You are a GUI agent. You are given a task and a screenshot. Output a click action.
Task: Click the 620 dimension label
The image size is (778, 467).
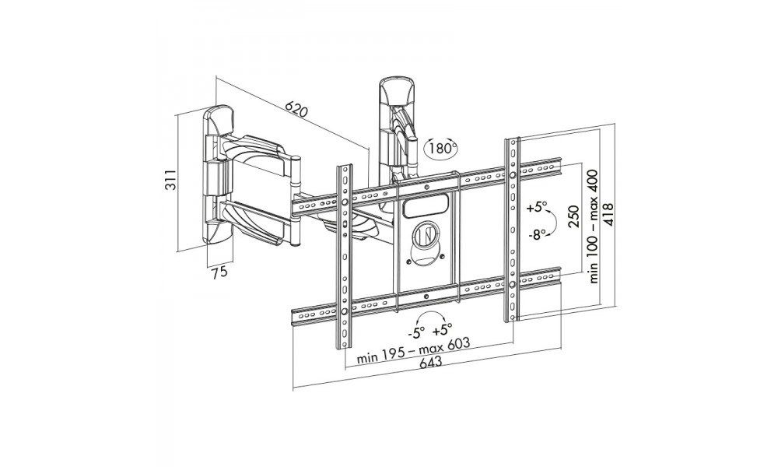click(x=296, y=108)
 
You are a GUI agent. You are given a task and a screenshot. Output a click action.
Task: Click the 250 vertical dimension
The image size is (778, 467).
click(x=573, y=215)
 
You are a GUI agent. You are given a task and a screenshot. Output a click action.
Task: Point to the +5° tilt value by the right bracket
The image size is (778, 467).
click(x=537, y=208)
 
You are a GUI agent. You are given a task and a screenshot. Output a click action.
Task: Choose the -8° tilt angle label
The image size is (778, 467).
click(x=537, y=233)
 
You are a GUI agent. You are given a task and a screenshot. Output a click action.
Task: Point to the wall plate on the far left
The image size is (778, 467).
click(x=220, y=175)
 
